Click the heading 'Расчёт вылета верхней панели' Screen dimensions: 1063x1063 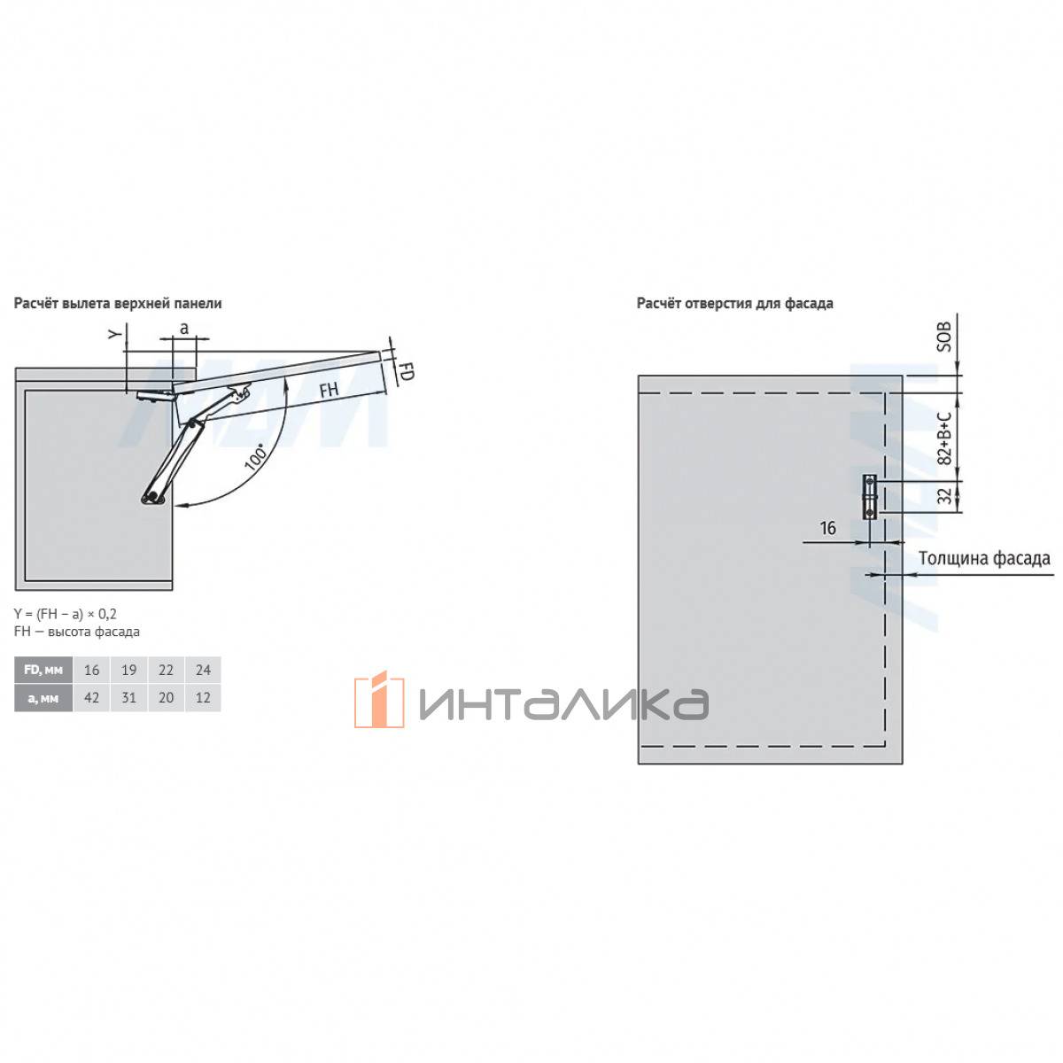pos(118,303)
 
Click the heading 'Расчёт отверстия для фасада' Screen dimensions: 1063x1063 pos(734,303)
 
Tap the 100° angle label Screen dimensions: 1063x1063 pos(255,456)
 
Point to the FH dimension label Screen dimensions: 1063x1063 pos(329,390)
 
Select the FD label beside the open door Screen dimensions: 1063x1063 pos(406,371)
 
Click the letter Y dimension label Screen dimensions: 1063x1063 pos(114,334)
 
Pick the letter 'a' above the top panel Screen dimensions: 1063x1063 pos(183,328)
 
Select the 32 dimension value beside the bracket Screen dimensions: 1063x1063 pos(944,495)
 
